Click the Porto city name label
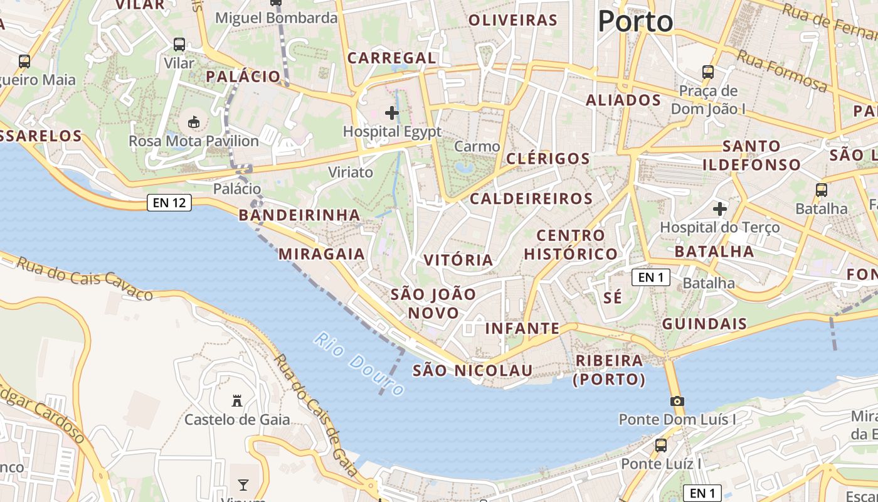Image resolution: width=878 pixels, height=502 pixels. click(x=635, y=21)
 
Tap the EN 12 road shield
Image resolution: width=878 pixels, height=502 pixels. click(x=169, y=203)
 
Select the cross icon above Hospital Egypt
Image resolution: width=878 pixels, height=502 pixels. click(x=392, y=113)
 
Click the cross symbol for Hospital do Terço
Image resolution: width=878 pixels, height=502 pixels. click(x=720, y=208)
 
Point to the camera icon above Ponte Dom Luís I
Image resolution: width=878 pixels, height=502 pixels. click(x=677, y=401)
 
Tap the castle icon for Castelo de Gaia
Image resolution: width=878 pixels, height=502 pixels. click(x=237, y=400)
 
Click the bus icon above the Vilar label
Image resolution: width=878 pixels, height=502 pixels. click(x=179, y=44)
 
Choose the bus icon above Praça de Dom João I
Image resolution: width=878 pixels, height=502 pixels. click(x=708, y=72)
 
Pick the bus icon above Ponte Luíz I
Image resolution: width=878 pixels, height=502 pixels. click(x=661, y=445)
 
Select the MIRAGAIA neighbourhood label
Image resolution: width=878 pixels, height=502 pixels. click(x=322, y=254)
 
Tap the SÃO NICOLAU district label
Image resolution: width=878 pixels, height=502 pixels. click(x=472, y=370)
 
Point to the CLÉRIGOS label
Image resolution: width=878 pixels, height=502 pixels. click(x=548, y=158)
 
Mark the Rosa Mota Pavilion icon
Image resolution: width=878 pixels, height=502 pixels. click(x=194, y=121)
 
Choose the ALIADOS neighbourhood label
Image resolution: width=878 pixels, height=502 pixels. click(x=623, y=100)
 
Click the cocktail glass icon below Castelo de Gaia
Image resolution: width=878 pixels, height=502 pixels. click(x=243, y=484)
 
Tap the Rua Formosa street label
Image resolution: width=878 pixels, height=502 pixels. click(x=782, y=70)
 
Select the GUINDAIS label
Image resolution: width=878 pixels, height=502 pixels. click(x=705, y=324)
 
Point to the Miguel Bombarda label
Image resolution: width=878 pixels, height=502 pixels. click(x=277, y=18)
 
